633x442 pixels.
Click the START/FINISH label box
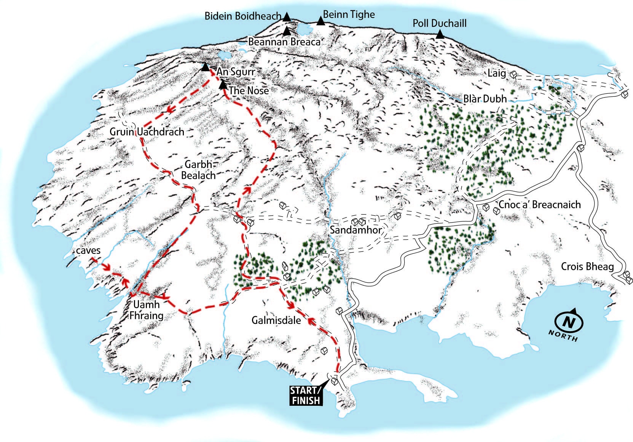pos(306,395)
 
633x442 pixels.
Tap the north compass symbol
pos(569,323)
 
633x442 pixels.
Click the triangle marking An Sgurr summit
pos(205,67)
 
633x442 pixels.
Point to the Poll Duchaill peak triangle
pos(440,35)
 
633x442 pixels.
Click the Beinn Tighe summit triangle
pos(321,21)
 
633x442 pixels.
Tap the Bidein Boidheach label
pos(243,16)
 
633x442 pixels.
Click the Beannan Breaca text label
pos(284,42)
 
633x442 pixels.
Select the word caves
pos(88,250)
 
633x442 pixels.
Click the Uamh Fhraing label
pos(147,310)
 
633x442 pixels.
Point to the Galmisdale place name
pos(276,320)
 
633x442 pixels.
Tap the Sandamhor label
pos(356,230)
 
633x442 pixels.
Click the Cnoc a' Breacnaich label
pos(539,205)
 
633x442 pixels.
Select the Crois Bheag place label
pos(587,266)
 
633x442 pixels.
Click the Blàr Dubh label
pos(485,99)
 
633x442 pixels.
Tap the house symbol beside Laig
pos(513,75)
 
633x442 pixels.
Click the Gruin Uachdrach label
pos(147,132)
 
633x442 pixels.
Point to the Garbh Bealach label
pos(198,170)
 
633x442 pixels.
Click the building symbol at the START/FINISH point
pos(334,381)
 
